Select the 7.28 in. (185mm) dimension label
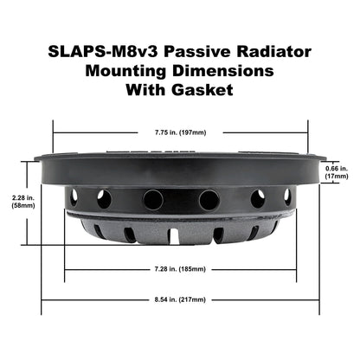pyautogui.click(x=179, y=270)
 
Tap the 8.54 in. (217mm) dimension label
pyautogui.click(x=179, y=299)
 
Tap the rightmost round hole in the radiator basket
pyautogui.click(x=288, y=196)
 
